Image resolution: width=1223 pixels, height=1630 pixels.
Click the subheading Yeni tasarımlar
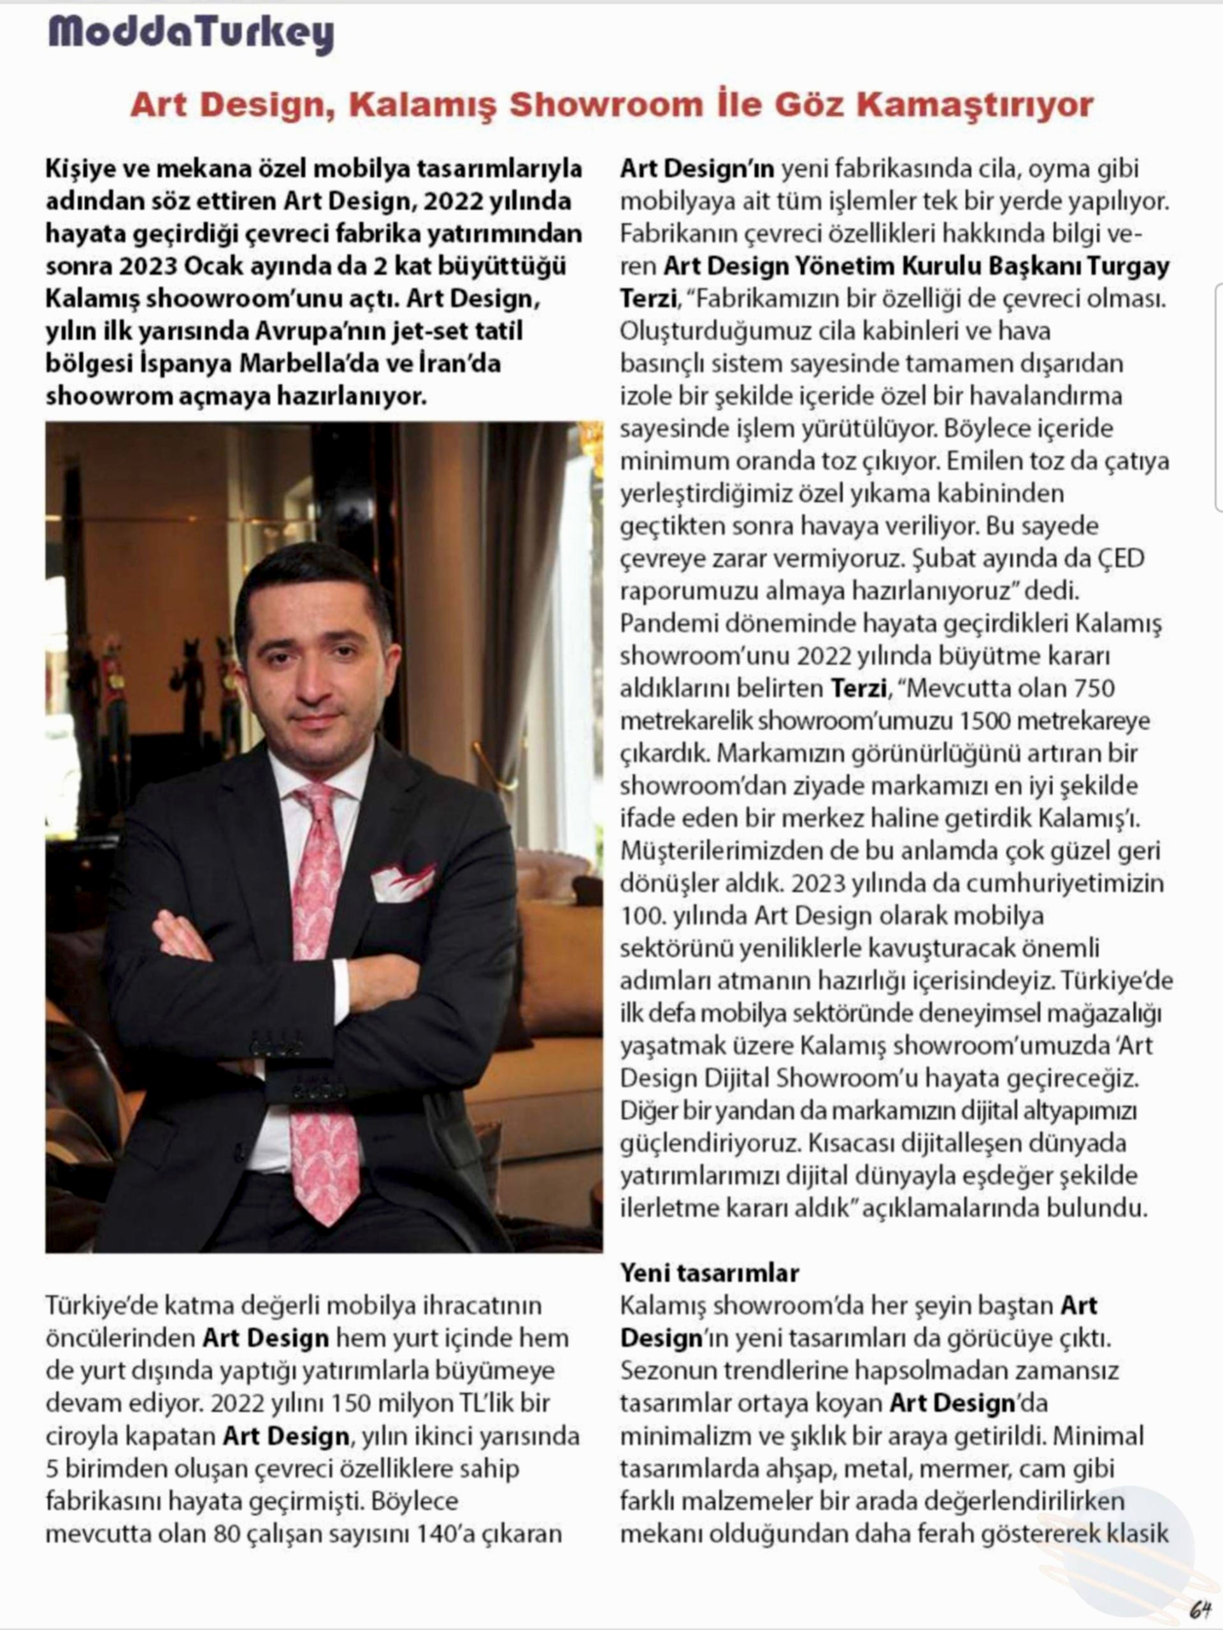pyautogui.click(x=709, y=1272)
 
